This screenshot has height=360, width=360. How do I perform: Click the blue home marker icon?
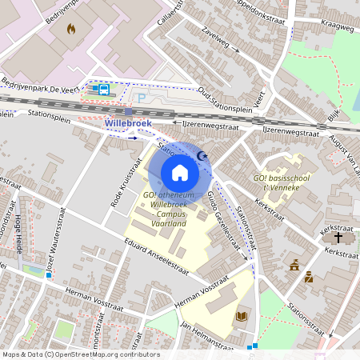click(180, 172)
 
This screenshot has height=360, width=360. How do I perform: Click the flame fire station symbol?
click(71, 30)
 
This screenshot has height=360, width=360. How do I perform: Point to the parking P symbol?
click(142, 98)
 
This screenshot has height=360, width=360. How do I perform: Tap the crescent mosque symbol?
click(202, 157)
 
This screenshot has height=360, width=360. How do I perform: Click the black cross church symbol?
click(338, 238)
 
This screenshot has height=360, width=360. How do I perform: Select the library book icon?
click(241, 317)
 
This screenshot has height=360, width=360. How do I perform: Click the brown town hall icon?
click(294, 265)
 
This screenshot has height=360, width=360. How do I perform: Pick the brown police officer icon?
click(309, 278)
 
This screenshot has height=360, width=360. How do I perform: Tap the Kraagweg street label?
click(336, 26)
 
